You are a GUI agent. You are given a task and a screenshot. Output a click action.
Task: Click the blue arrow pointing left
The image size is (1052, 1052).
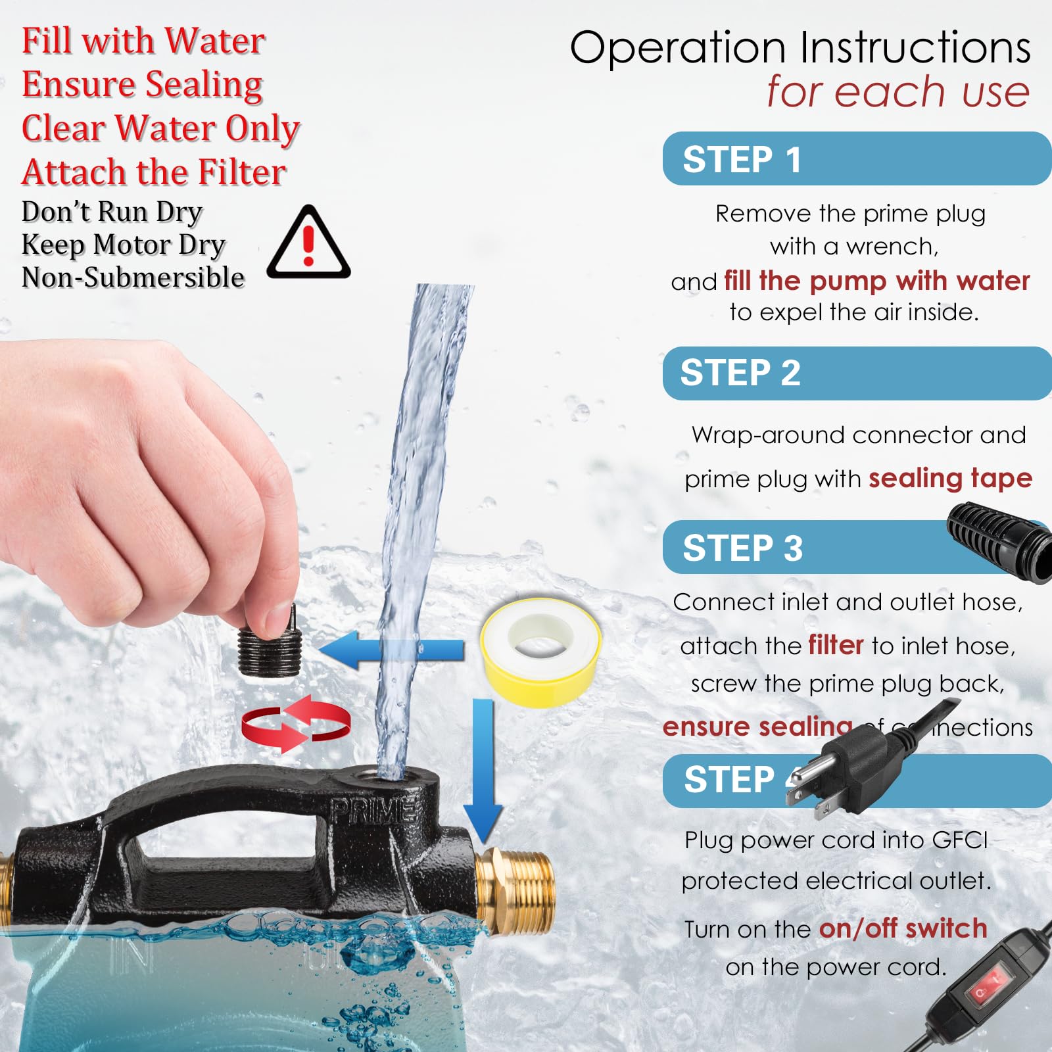pos(388,650)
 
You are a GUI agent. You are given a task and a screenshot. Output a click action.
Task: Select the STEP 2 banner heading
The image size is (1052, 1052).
pos(740,373)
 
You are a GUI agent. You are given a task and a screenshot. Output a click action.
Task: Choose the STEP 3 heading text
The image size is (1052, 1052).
pos(743,548)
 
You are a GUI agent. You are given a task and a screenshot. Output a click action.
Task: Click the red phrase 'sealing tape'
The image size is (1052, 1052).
pos(950,478)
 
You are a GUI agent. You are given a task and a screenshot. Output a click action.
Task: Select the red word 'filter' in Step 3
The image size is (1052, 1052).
pos(836,645)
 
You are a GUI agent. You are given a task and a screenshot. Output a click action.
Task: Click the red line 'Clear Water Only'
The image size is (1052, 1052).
pos(160,128)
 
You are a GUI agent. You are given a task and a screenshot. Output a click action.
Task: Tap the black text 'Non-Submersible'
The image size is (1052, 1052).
pos(133,277)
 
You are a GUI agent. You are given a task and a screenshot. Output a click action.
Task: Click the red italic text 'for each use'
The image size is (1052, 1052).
pos(897,91)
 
